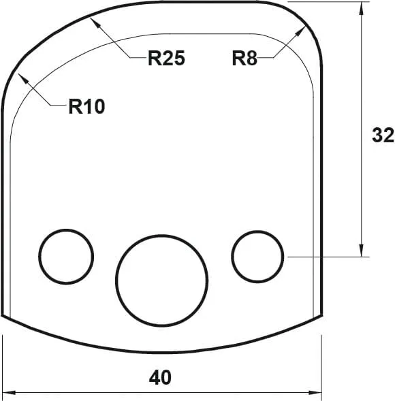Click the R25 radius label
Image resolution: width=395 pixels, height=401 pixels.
(x=166, y=59)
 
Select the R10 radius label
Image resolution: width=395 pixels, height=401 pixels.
(x=86, y=107)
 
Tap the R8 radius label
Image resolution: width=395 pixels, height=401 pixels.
(x=244, y=59)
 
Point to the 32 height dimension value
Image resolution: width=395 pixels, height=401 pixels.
(x=383, y=135)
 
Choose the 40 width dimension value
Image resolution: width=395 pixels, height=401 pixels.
(x=160, y=376)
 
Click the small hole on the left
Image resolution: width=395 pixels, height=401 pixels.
(x=66, y=256)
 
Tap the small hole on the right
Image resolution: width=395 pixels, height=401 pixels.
(x=257, y=256)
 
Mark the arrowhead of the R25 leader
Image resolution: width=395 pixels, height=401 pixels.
(x=96, y=22)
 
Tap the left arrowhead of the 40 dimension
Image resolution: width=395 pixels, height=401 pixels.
(x=8, y=392)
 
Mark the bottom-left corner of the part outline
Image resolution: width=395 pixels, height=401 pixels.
(x=3, y=316)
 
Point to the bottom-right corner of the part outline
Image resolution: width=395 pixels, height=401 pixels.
(x=321, y=316)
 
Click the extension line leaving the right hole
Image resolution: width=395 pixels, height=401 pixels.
(x=327, y=257)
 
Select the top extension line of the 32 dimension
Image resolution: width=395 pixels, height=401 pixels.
(x=327, y=2)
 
